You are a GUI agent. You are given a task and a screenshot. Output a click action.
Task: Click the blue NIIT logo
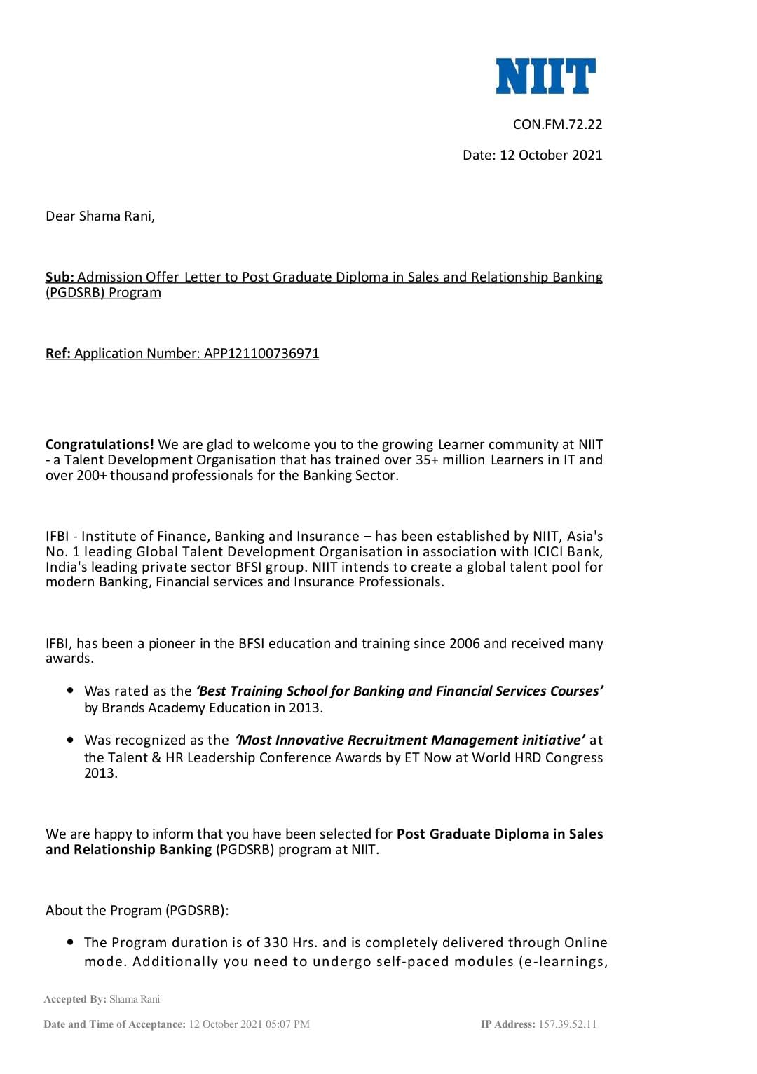(545, 76)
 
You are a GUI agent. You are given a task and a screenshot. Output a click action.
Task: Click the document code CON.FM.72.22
(557, 125)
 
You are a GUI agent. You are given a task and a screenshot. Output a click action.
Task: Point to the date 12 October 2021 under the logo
(551, 156)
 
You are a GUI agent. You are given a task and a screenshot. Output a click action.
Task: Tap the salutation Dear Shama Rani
(100, 216)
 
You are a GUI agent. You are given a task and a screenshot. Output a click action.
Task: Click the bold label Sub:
(60, 277)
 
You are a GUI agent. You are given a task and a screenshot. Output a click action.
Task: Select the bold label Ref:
(58, 354)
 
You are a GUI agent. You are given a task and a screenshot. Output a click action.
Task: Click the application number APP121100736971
(261, 354)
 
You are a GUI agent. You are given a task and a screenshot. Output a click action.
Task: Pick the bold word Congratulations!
(100, 445)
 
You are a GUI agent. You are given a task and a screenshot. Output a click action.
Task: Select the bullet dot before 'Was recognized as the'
(70, 740)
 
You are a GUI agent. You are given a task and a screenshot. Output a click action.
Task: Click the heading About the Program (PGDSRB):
(137, 911)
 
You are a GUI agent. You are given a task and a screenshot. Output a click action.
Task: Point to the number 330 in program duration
(276, 943)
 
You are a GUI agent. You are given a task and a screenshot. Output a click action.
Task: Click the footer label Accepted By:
(75, 1000)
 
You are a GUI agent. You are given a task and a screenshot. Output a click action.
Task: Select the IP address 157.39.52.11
(567, 1024)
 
